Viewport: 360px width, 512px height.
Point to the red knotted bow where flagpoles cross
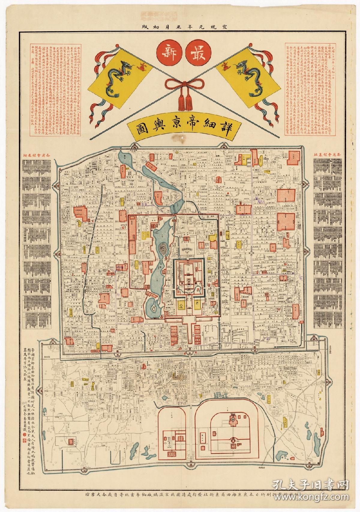click(180, 82)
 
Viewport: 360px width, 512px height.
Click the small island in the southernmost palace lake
click(153, 309)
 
